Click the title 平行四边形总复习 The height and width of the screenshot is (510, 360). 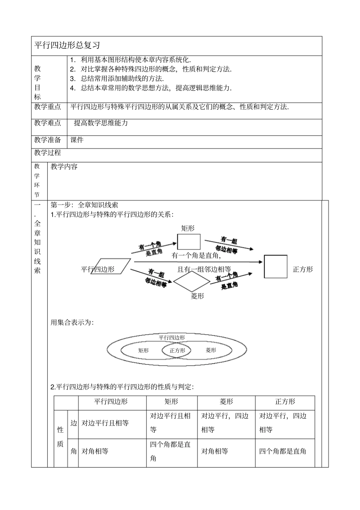67,45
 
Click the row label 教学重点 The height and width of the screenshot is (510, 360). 47,107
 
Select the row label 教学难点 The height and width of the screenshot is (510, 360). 47,123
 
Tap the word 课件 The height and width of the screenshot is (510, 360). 77,140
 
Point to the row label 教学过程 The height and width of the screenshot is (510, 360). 47,153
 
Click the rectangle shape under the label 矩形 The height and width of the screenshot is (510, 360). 189,242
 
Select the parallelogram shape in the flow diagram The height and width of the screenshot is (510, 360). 111,266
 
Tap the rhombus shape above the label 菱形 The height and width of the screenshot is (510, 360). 191,282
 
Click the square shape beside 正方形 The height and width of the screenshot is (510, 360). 275,267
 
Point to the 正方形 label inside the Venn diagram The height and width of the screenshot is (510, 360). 177,350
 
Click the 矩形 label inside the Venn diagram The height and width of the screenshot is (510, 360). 144,350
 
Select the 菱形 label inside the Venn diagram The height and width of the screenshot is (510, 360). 211,350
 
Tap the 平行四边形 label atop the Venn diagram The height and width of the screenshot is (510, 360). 172,337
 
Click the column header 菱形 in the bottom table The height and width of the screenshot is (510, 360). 226,402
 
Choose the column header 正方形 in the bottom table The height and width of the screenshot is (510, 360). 285,402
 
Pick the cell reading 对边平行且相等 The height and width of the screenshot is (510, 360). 105,423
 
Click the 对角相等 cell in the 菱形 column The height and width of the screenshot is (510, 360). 214,451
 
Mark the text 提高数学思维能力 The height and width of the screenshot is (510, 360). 101,123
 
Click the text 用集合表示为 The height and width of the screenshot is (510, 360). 72,322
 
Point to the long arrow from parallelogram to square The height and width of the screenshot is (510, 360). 197,261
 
